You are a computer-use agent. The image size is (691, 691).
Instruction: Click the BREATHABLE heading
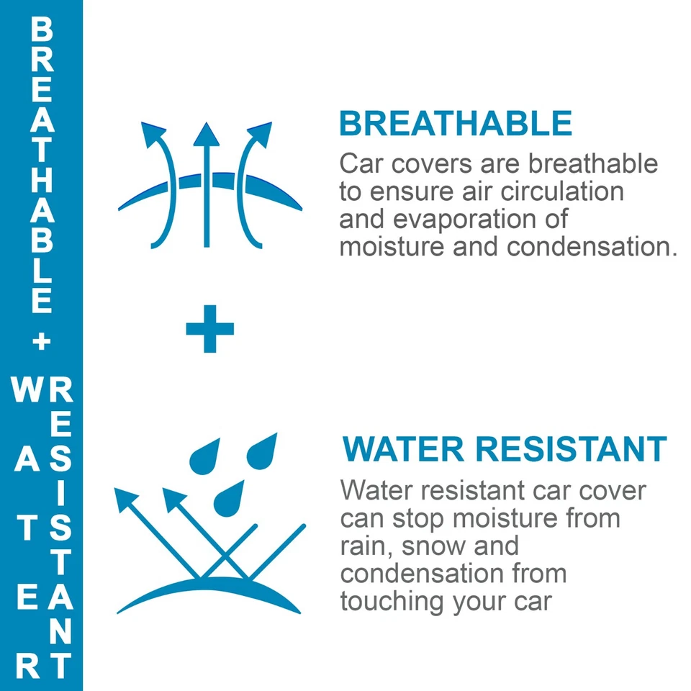coord(456,123)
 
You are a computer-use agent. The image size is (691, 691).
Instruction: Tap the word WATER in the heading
coord(403,449)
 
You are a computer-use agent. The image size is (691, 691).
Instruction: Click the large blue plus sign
coord(209,329)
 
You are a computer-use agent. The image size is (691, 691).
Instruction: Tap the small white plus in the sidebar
coord(42,341)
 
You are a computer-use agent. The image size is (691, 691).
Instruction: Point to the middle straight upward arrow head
coord(207,134)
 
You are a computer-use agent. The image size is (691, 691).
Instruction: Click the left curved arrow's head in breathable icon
coord(152,134)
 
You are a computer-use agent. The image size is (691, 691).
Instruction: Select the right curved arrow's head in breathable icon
coord(261,134)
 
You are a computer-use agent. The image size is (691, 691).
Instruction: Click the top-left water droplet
coord(205,456)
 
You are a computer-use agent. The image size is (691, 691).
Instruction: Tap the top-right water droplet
coord(262,451)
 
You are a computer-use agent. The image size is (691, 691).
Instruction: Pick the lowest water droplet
coord(229,498)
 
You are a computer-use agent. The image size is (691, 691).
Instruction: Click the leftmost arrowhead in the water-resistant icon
coord(125,500)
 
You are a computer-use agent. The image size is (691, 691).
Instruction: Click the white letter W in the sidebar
coord(27,389)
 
